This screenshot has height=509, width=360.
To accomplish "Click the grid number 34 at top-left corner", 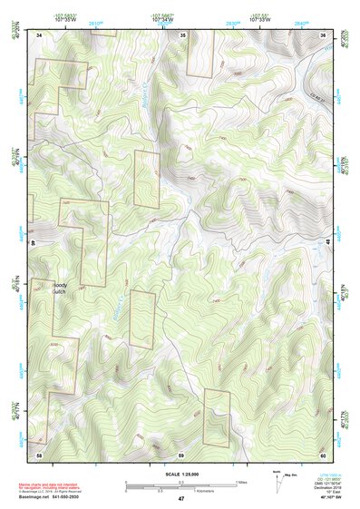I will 39,34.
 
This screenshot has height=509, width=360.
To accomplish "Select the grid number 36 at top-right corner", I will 323,34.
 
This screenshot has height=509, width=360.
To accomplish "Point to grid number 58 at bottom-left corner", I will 39,453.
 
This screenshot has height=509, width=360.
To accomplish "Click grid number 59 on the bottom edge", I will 180,453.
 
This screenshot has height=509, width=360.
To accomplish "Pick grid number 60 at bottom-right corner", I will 323,453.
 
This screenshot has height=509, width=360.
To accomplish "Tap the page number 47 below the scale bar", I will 180,499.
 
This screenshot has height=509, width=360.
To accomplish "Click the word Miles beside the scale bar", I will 240,482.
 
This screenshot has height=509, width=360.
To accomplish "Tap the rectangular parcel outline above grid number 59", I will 218,416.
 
